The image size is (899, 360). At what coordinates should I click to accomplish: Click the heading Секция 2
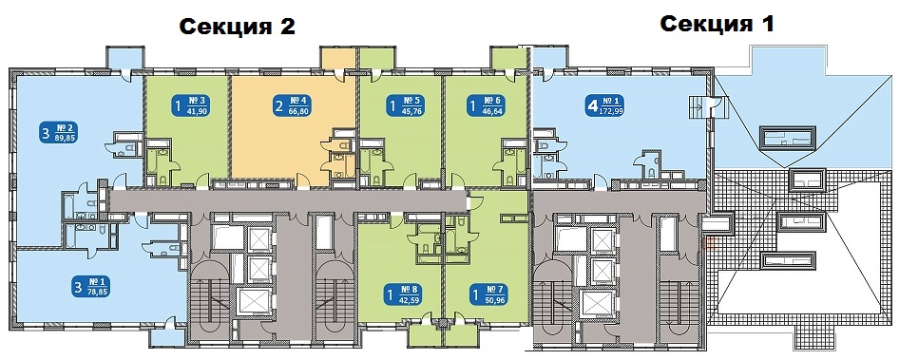pos(237,27)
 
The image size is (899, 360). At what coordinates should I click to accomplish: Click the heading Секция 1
pos(717,25)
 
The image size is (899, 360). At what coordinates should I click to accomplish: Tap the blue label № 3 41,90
pos(189,105)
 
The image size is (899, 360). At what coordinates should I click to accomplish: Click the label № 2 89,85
pos(59,132)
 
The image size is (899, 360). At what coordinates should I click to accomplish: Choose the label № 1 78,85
pos(90,285)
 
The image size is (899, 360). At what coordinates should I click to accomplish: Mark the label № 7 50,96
pos(488,294)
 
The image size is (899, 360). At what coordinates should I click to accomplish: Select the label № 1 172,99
pos(604,105)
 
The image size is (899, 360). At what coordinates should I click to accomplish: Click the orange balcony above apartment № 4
pos(338,57)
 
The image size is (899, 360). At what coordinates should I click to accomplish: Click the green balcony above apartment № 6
pos(508,57)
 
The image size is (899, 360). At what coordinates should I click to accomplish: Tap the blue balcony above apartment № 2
pos(123,57)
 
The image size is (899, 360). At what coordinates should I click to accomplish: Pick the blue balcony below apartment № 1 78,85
pos(167,337)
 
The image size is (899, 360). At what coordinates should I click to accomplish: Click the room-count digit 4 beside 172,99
pos(590,105)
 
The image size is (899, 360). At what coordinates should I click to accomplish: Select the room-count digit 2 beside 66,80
pos(279,105)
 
